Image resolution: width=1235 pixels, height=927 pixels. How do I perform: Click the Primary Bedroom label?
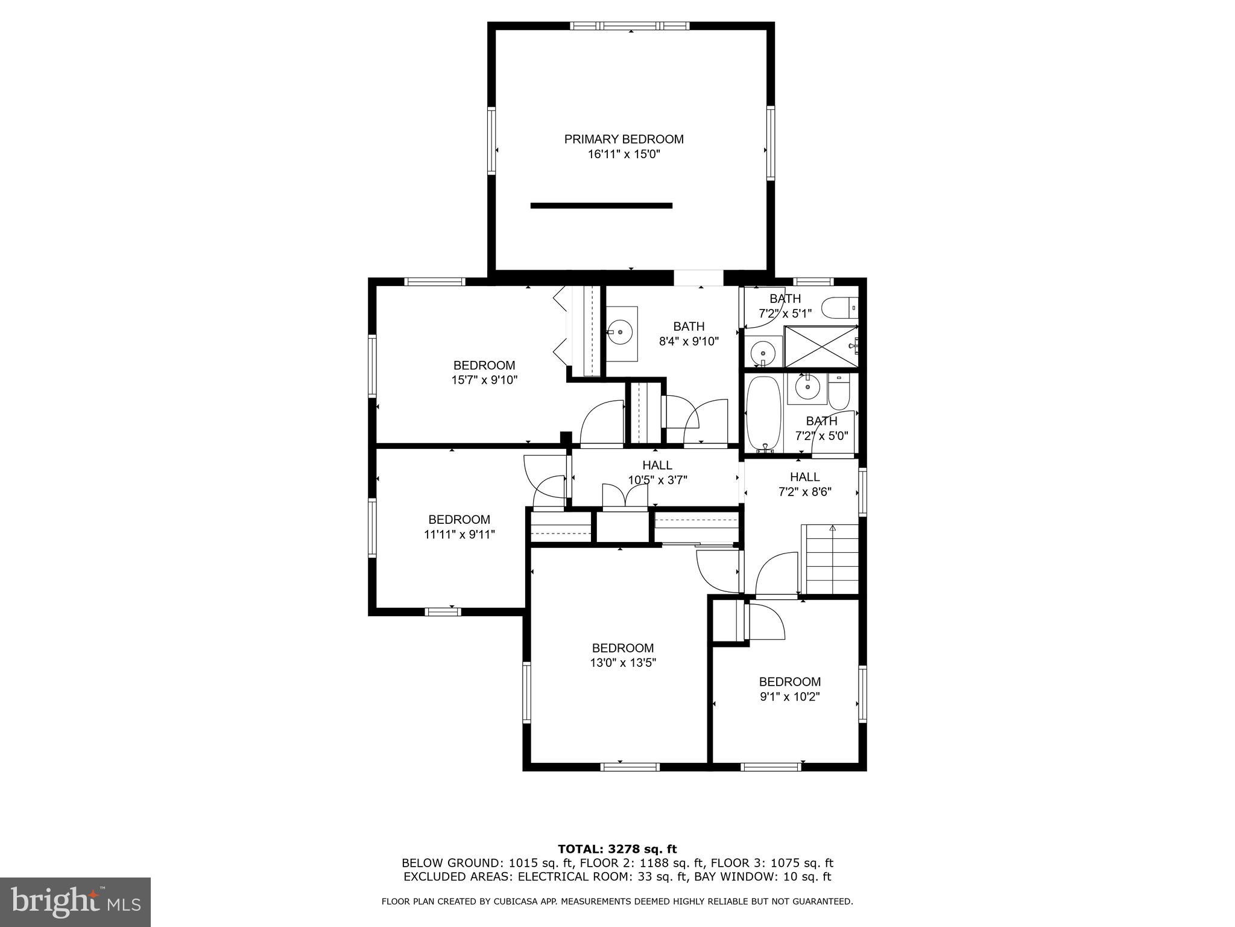tap(624, 139)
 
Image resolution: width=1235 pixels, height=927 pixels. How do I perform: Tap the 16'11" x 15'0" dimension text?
tap(624, 154)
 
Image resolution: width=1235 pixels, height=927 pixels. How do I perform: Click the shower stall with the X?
tap(820, 346)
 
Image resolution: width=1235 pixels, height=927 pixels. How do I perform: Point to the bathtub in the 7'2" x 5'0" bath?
tap(763, 414)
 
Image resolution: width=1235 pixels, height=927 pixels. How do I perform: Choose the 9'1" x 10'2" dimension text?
tap(789, 697)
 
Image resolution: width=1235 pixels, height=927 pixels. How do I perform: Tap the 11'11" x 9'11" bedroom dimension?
tap(459, 534)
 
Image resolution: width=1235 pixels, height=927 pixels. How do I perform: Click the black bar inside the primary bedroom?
tap(601, 206)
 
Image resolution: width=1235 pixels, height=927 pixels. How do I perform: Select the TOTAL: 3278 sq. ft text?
tap(617, 849)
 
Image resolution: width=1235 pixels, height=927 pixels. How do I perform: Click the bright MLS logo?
tap(75, 902)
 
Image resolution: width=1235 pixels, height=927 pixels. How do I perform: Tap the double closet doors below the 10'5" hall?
tap(625, 497)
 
